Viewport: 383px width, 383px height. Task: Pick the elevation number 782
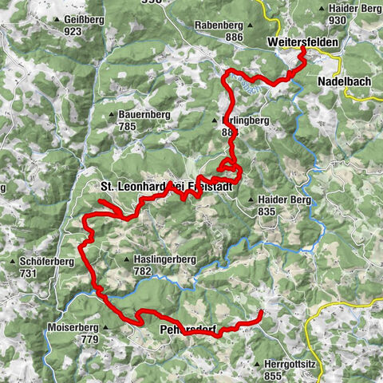[143, 271]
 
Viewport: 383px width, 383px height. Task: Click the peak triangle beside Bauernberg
[112, 114]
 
